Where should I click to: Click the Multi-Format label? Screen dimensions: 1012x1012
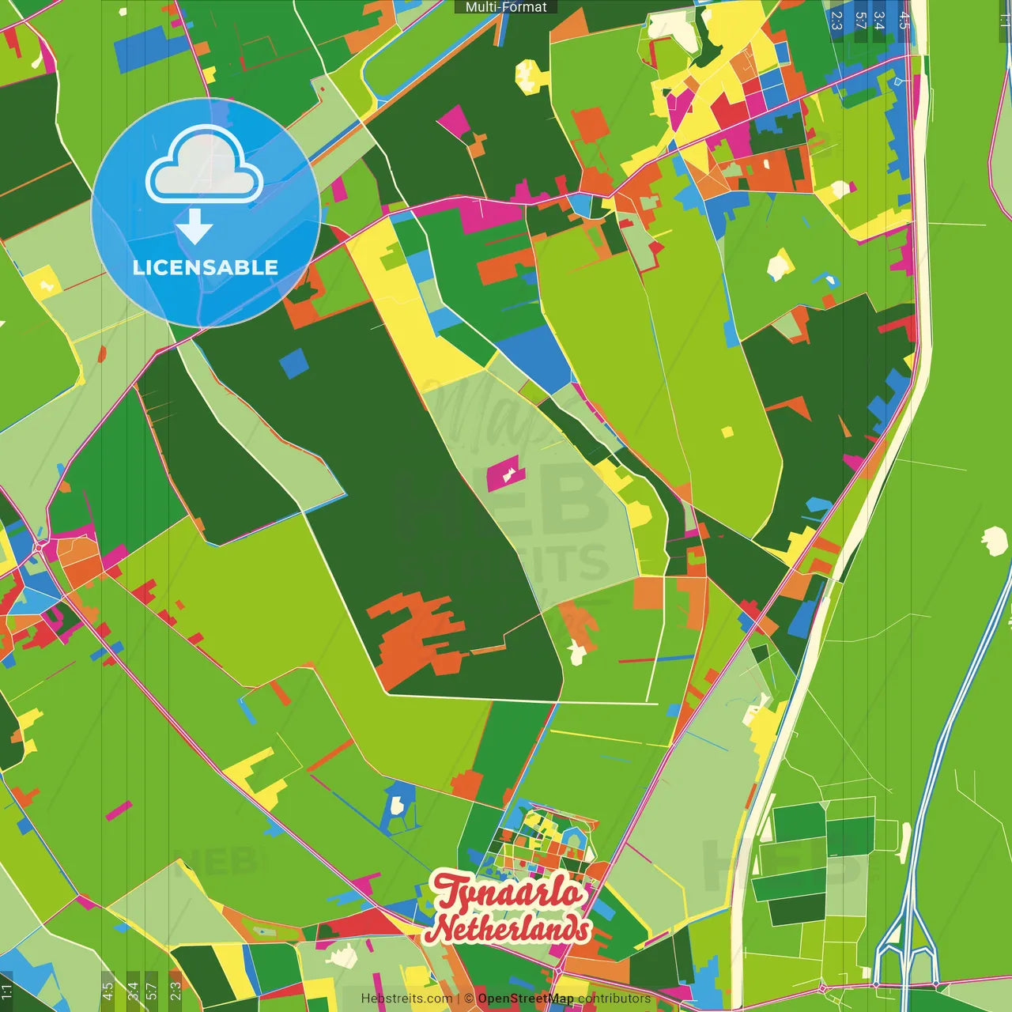[506, 7]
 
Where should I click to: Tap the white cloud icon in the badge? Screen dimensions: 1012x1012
[205, 168]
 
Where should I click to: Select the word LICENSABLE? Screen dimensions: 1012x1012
[206, 267]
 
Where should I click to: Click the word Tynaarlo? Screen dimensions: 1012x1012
[508, 893]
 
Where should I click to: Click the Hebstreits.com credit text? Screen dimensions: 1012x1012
[406, 999]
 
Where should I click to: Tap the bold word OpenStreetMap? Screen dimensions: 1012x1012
[525, 999]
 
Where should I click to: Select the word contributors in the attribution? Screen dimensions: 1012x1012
[614, 999]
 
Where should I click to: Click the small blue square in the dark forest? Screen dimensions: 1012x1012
[293, 362]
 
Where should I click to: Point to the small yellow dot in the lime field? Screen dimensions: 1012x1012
[727, 432]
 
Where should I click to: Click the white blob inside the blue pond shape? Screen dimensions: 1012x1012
[397, 806]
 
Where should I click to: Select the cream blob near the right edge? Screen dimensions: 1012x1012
[993, 541]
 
